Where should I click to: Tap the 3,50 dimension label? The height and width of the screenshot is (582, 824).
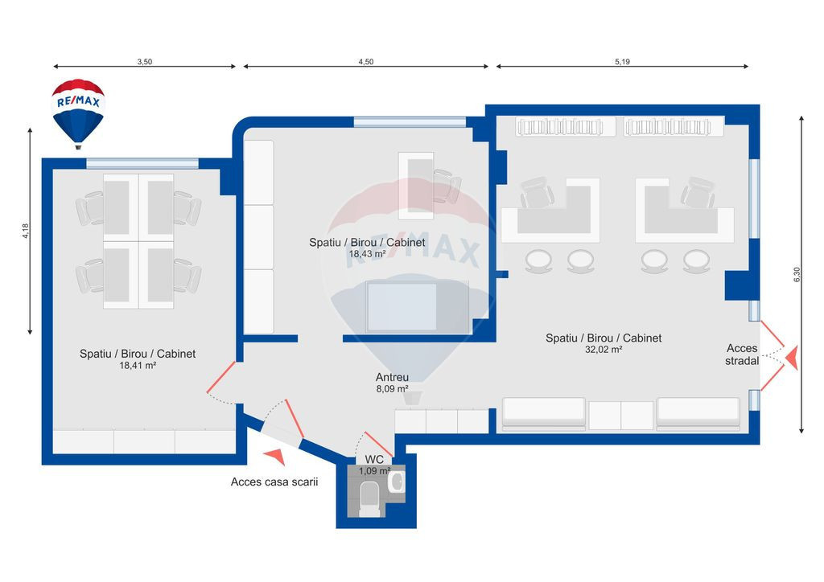point(145,61)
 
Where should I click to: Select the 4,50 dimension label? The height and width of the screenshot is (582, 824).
point(365,61)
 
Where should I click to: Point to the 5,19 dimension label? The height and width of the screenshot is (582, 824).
point(622,61)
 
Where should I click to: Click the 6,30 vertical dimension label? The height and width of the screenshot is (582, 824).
point(797,274)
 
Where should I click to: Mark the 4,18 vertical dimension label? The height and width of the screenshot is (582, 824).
point(26,231)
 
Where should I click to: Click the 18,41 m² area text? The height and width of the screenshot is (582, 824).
point(138,365)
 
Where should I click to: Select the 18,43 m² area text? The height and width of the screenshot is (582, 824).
point(367,253)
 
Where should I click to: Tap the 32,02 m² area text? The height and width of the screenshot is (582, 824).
point(604,350)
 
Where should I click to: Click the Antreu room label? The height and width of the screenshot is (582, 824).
point(392,377)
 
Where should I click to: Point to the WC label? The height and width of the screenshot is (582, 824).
point(374,461)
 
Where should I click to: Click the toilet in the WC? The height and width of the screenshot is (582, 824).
point(370,498)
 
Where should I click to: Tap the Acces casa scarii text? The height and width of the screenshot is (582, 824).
point(274,482)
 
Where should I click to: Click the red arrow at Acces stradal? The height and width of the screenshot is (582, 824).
point(791,358)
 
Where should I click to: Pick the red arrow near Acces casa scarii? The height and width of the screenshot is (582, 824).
point(275,457)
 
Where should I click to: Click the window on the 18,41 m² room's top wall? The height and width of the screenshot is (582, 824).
point(142,163)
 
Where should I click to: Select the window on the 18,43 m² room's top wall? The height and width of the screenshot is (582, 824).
point(410,122)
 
